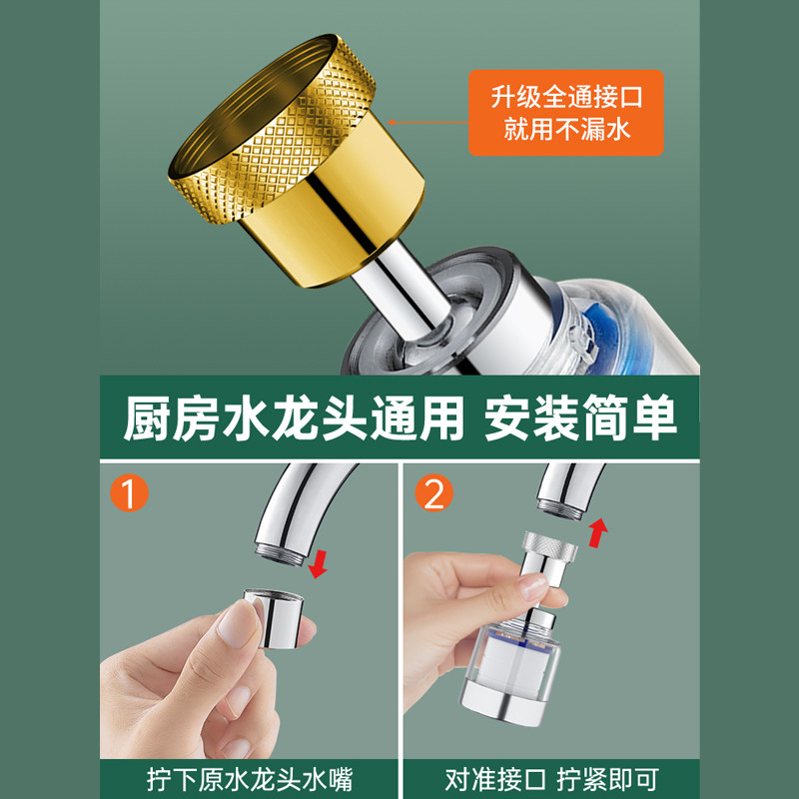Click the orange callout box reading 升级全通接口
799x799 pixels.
566,112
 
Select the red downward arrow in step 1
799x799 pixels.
319,564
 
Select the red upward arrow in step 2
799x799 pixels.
597,531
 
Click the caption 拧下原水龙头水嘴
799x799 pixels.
249,775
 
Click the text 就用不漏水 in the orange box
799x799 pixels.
566,129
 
